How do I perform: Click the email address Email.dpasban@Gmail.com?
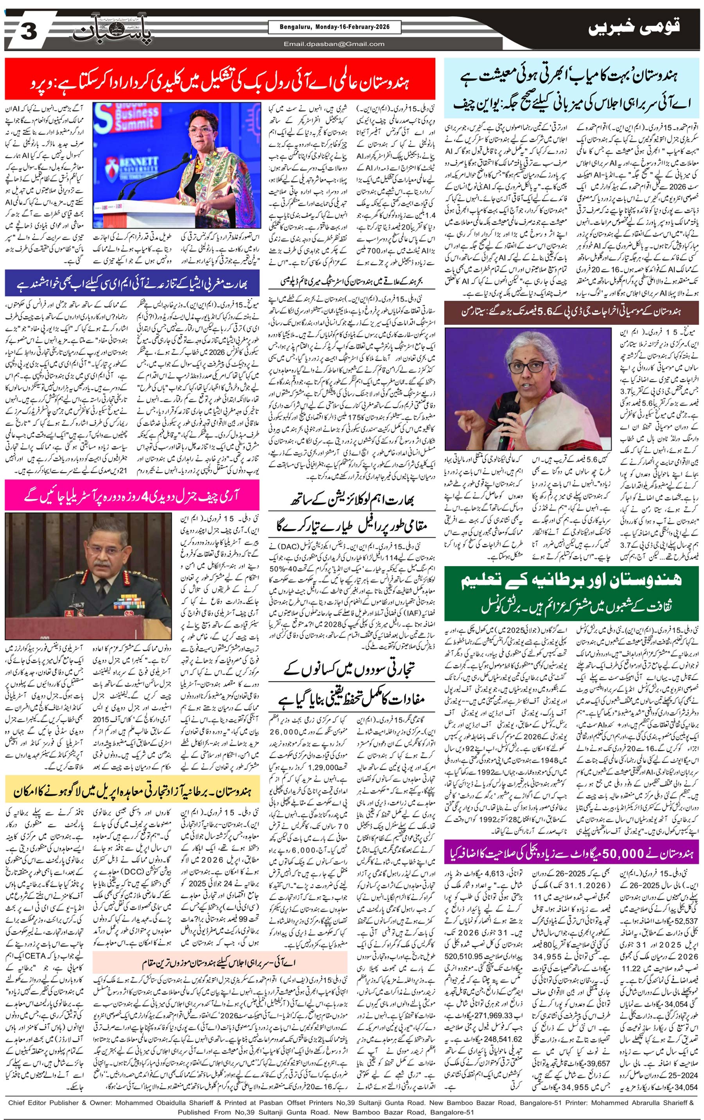[x=334, y=44]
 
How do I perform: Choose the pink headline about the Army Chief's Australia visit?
[x=132, y=495]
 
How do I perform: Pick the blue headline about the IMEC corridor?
[x=132, y=283]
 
